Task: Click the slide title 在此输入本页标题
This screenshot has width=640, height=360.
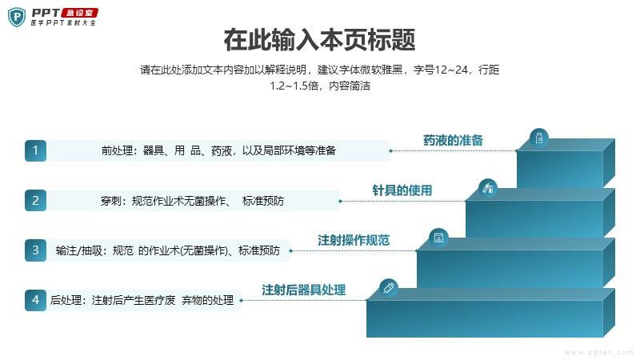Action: [x=319, y=40]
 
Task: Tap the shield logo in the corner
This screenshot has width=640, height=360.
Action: [x=17, y=17]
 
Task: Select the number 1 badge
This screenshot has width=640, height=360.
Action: [x=35, y=150]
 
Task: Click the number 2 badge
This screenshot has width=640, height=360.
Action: [x=35, y=201]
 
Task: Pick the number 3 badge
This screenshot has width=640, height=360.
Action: [x=35, y=250]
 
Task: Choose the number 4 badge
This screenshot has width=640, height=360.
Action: [x=35, y=300]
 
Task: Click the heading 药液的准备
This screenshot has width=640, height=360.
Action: [x=453, y=141]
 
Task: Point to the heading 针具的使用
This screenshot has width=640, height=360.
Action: [x=402, y=190]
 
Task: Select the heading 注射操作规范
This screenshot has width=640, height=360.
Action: [x=354, y=240]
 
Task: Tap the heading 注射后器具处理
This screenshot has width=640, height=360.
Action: [x=304, y=290]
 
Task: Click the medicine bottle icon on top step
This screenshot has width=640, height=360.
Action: [x=539, y=138]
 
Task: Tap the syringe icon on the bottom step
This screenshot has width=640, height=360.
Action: [x=389, y=288]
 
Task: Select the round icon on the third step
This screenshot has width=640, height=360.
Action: [x=438, y=238]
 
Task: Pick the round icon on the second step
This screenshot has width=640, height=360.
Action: [x=488, y=188]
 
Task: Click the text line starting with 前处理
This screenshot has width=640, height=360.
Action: [x=218, y=150]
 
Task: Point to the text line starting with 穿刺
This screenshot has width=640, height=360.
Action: [x=192, y=201]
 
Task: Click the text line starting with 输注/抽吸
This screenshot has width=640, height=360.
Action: [x=168, y=250]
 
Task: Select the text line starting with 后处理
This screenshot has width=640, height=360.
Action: [x=142, y=301]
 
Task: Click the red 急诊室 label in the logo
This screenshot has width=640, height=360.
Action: [x=79, y=13]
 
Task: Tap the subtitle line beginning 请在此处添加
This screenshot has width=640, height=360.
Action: [x=319, y=70]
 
